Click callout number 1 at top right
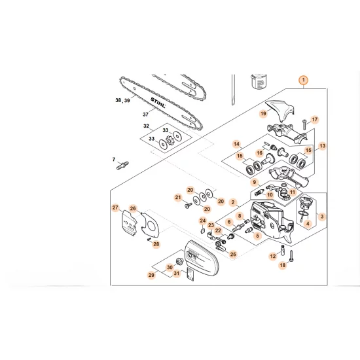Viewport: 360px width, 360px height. tap(302, 81)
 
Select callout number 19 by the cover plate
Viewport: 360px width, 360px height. tap(263, 113)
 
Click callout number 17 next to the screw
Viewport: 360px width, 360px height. tap(314, 120)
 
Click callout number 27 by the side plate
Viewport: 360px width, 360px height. tap(115, 208)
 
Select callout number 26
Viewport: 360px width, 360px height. tap(133, 209)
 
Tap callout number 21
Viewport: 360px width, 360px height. tap(177, 197)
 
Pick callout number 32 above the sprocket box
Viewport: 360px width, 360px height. tap(147, 126)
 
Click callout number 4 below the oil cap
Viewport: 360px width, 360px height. tap(308, 224)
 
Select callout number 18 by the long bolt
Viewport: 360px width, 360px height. tap(283, 265)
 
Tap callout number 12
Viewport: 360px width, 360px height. tap(272, 257)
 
